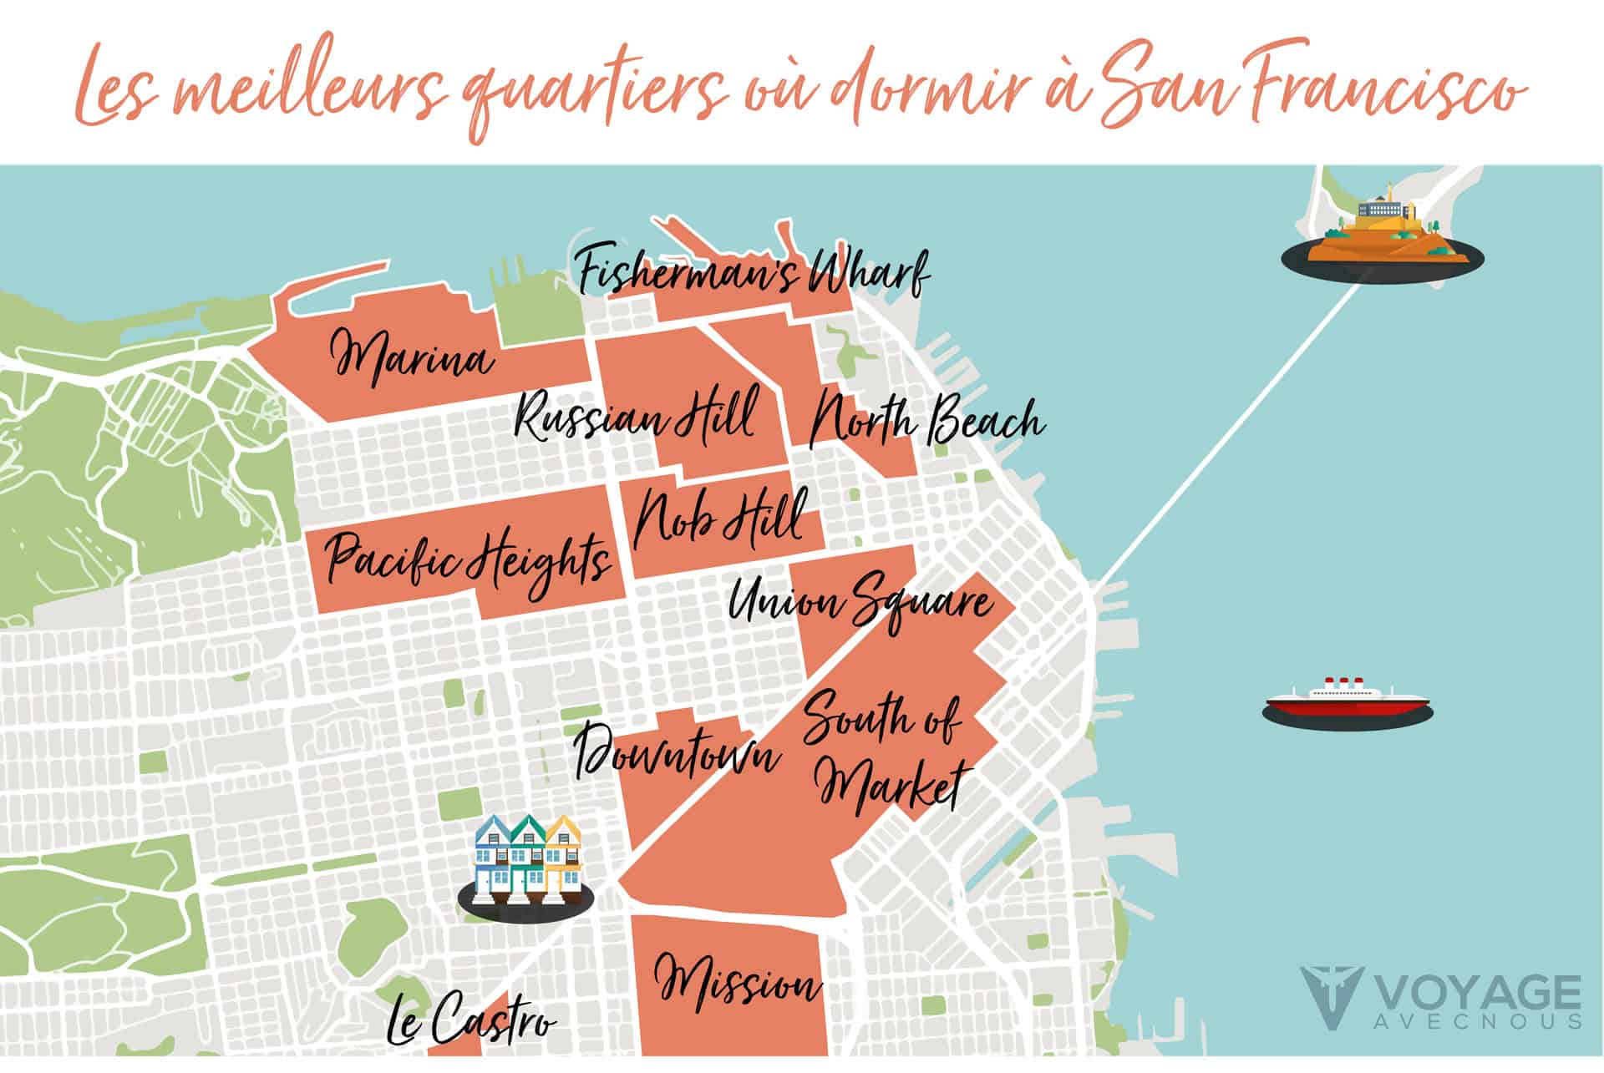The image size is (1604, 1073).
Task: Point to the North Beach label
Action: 927,420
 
